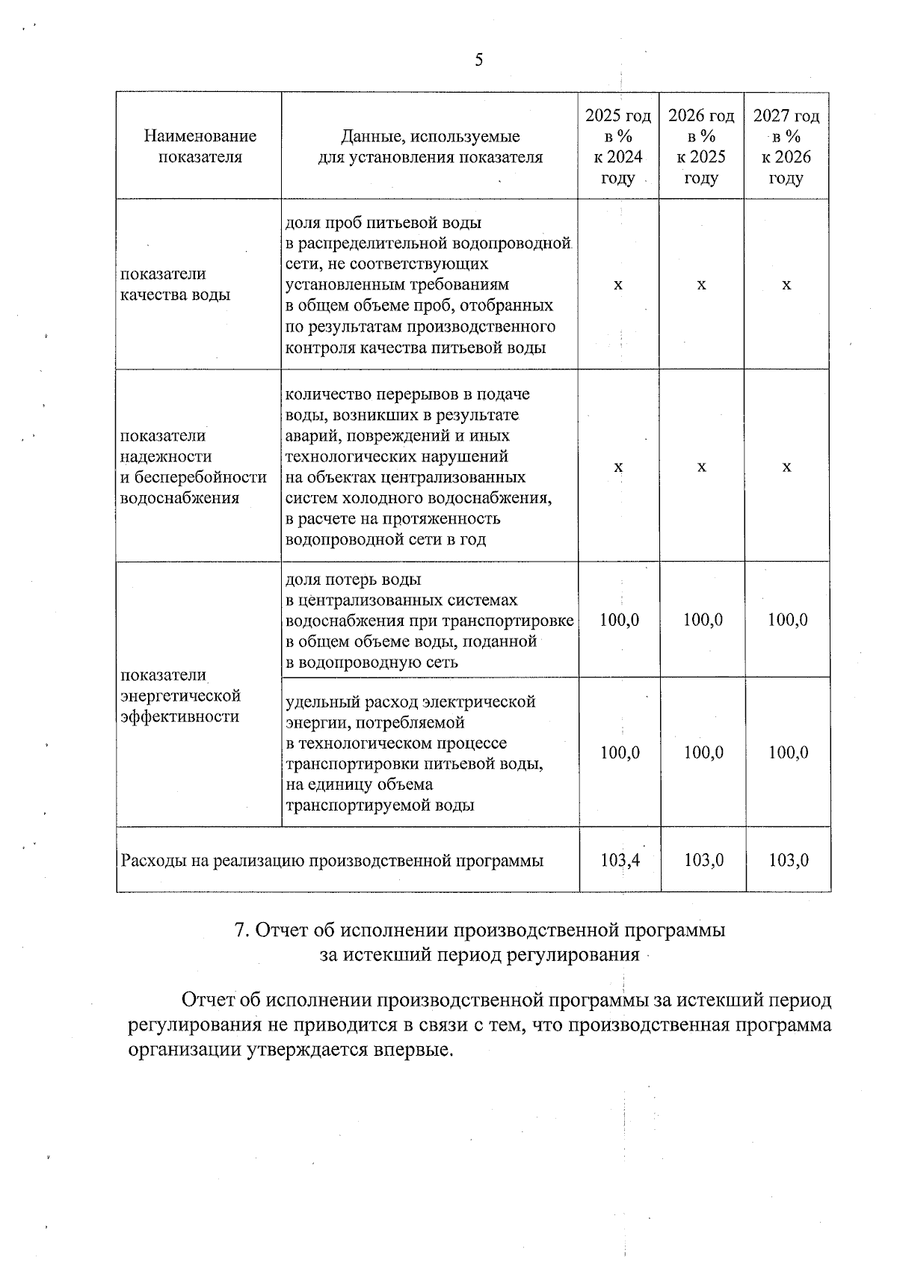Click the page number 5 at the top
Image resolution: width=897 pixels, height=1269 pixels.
point(478,61)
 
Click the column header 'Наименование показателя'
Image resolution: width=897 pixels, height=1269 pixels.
point(200,147)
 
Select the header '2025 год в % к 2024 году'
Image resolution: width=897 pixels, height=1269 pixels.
point(617,147)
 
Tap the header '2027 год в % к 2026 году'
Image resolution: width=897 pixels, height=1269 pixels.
point(786,147)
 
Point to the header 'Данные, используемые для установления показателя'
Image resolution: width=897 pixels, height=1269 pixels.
point(430,147)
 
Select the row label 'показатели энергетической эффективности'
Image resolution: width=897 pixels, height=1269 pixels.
point(180,696)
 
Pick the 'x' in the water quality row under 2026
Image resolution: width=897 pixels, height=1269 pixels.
point(701,285)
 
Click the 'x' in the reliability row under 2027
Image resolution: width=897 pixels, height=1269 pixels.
point(786,467)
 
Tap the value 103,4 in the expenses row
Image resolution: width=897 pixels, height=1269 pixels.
point(620,860)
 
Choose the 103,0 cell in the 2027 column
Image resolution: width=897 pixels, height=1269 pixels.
point(789,860)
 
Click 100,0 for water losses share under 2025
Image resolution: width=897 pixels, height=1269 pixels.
point(619,620)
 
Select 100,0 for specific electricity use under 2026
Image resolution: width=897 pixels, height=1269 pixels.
point(703,753)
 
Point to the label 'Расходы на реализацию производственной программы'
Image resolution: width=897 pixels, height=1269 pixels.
point(332,861)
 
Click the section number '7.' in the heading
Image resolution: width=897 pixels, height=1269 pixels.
point(241,930)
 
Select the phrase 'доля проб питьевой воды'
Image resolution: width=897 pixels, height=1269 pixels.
point(383,222)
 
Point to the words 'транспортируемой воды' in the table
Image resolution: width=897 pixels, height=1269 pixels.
point(380,805)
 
